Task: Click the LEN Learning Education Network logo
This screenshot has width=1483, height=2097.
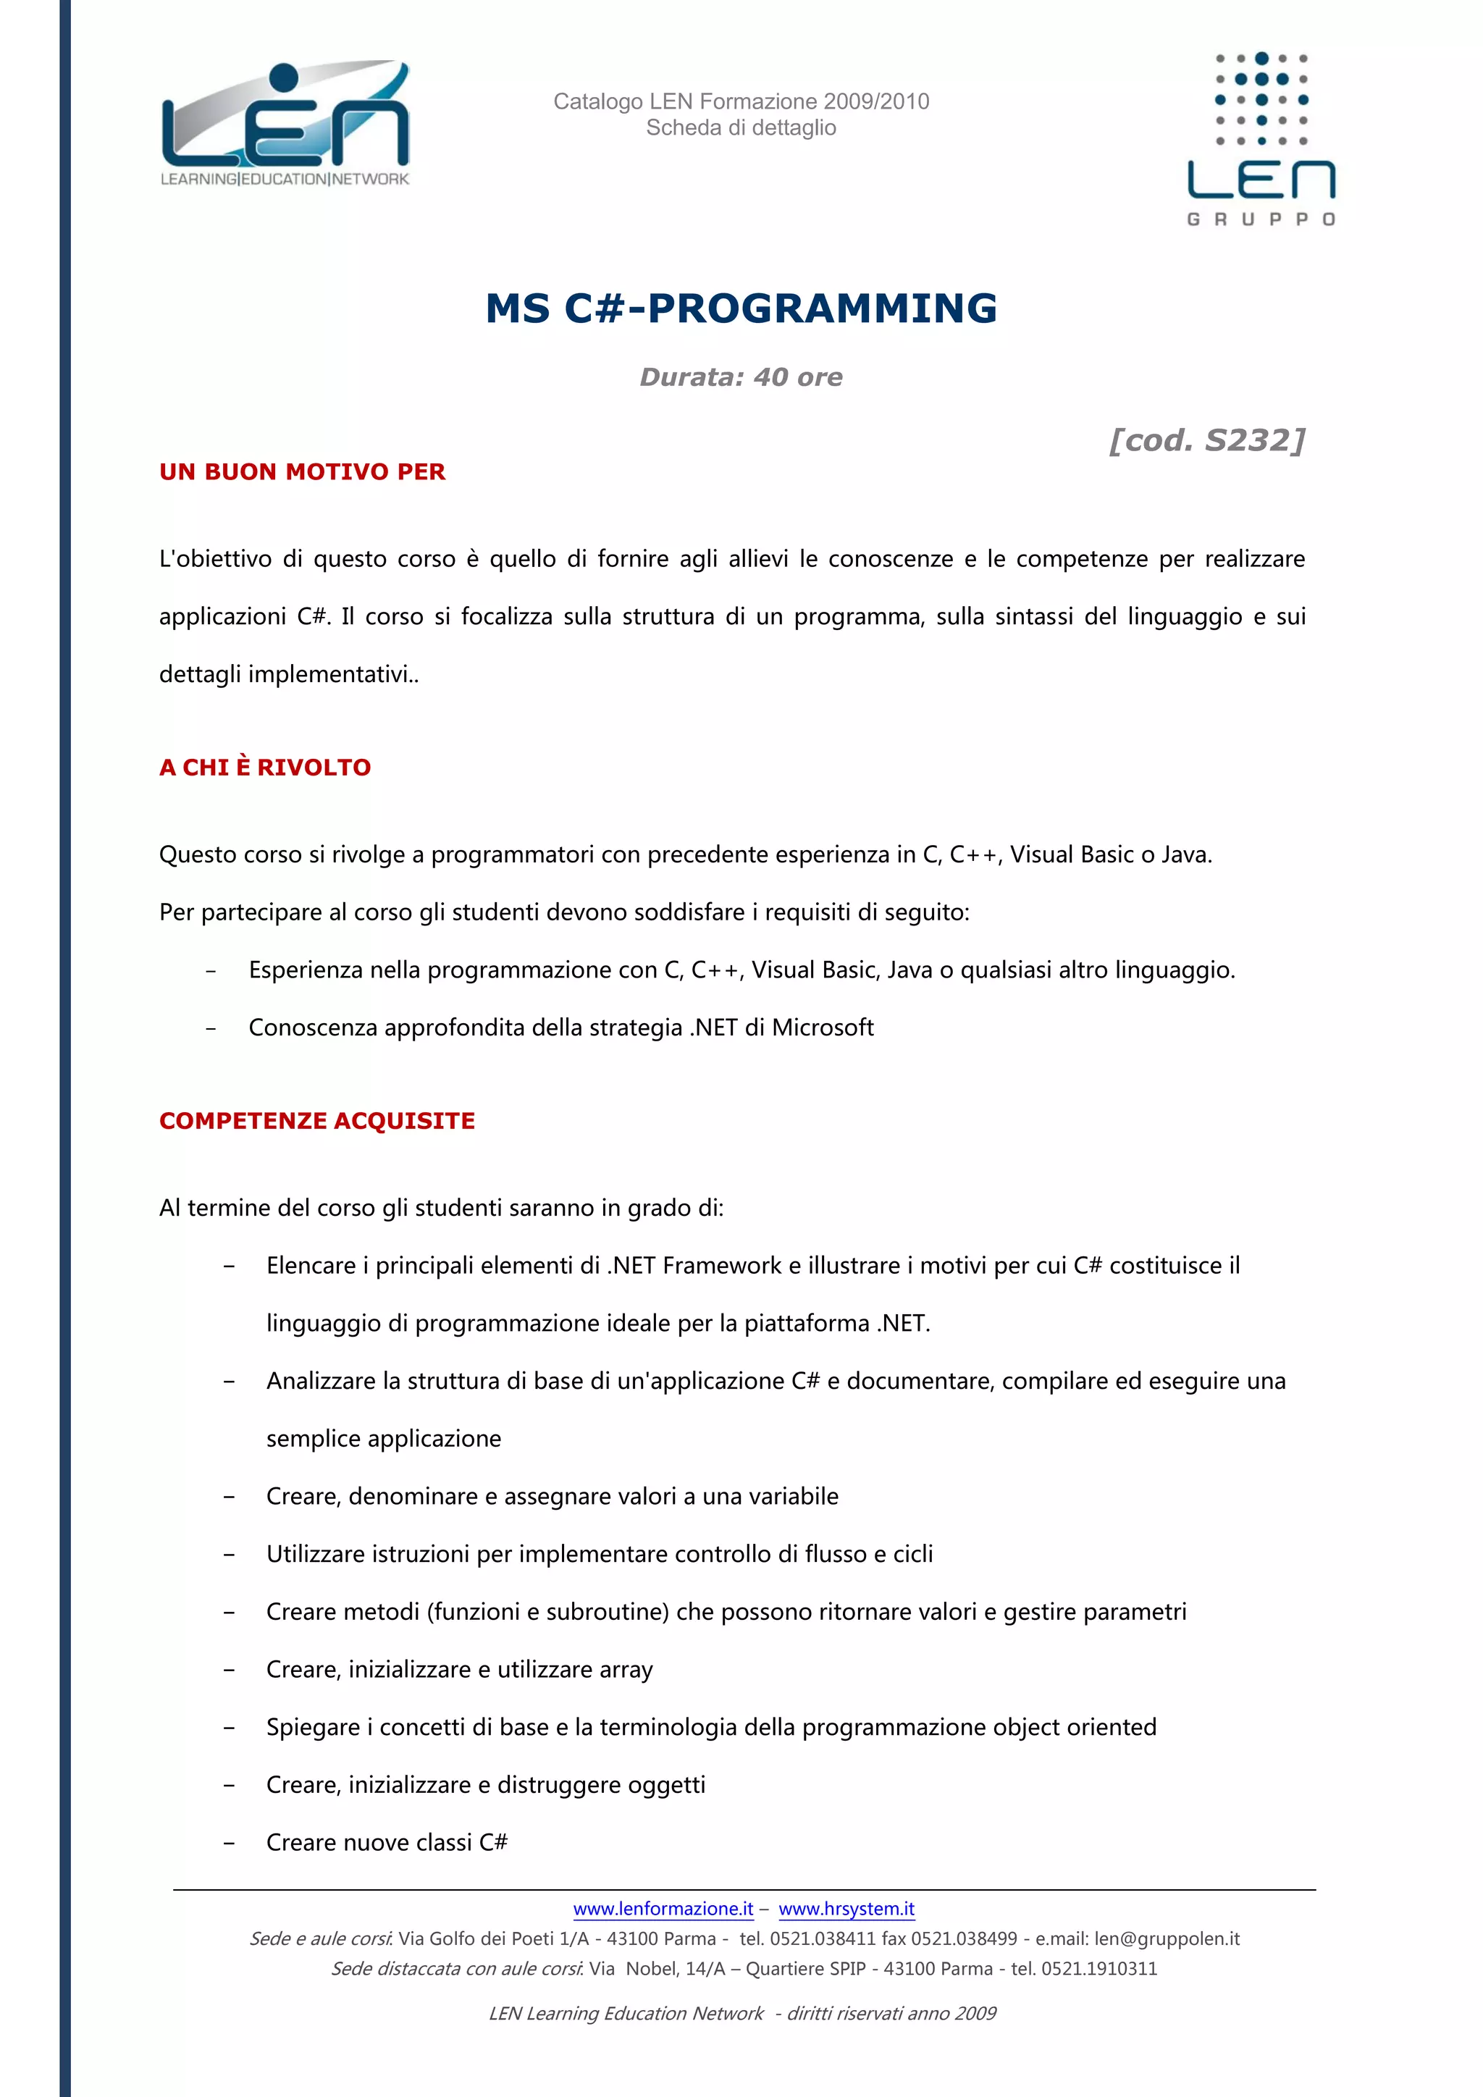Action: [x=284, y=123]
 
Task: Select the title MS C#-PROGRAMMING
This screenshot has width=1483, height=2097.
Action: [x=741, y=308]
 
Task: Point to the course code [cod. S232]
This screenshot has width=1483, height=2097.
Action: [x=1206, y=440]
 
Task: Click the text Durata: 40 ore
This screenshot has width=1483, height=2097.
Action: [x=741, y=377]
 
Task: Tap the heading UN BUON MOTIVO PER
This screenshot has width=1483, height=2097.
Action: [x=302, y=472]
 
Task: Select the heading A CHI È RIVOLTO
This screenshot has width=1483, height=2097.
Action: [x=265, y=768]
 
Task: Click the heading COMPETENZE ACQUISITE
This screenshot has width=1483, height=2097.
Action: [x=317, y=1121]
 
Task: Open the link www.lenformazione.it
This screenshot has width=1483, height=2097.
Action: [x=663, y=1908]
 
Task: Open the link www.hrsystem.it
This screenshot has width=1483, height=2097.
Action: [x=846, y=1908]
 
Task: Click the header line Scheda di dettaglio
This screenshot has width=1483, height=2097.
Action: [x=741, y=128]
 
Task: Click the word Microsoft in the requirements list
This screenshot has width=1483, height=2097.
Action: [x=823, y=1028]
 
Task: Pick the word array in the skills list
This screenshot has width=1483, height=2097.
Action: [x=626, y=1670]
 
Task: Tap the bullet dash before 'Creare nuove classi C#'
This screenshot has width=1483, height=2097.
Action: [x=230, y=1843]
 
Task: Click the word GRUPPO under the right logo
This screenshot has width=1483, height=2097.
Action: [x=1261, y=219]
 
